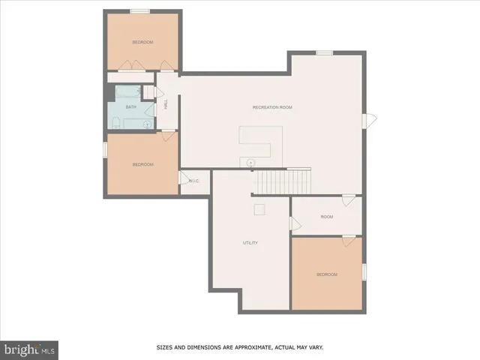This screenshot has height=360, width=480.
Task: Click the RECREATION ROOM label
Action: click(x=272, y=107)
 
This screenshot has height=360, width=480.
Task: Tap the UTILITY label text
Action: click(x=250, y=243)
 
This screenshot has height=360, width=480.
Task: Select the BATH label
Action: click(x=130, y=107)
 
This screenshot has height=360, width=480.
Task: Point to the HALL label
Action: click(x=165, y=104)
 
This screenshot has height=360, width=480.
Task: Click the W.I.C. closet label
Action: click(x=193, y=181)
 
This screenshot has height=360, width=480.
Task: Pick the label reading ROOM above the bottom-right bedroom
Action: click(x=326, y=217)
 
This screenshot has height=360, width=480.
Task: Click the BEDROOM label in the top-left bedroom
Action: click(x=142, y=42)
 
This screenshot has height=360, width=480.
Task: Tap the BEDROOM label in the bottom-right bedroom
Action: click(x=326, y=274)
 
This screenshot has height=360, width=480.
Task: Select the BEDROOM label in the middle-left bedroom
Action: click(x=142, y=164)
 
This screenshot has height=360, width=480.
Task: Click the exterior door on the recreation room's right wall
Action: click(x=369, y=121)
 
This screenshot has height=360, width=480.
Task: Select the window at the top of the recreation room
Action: click(x=324, y=52)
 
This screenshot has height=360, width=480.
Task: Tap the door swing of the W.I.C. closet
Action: click(x=182, y=178)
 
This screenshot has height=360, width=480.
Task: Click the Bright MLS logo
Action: click(x=30, y=349)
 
